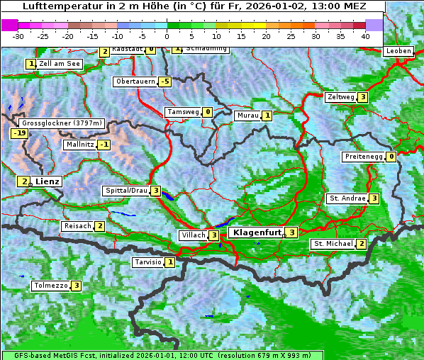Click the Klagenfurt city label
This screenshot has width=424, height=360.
pos(255,232)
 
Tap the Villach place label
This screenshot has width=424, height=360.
pos(192,235)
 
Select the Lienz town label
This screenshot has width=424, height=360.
pos(47,181)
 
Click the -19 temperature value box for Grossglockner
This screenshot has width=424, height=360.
pos(19,133)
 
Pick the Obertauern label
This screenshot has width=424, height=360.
pos(135,81)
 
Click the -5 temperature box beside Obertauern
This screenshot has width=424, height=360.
pos(165,81)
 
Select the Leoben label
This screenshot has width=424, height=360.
pos(398,51)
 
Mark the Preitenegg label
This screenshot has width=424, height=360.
pos(364,157)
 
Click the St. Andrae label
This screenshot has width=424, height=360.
pos(347,198)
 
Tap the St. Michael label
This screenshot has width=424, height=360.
pos(333,244)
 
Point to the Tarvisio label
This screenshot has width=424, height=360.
pos(147,262)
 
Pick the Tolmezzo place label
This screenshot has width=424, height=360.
pos(50,286)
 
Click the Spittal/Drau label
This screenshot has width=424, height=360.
pos(125,191)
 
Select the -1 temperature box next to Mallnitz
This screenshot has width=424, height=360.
pos(104,145)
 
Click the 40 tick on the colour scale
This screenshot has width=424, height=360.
pos(365,36)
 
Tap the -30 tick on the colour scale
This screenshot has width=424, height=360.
pos(18,36)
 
